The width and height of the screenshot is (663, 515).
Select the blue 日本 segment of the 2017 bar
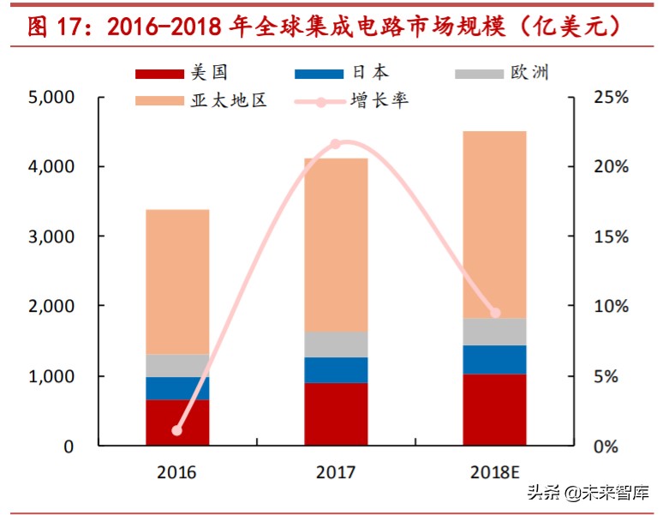coord(335,369)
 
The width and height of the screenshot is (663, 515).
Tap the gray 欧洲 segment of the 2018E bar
coord(494,332)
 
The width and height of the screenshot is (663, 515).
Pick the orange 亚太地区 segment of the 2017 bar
coord(335,244)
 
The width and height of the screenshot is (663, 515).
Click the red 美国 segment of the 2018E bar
coord(494,410)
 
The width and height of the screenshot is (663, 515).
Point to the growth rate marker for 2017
coord(335,144)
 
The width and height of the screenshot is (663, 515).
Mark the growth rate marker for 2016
coord(177,430)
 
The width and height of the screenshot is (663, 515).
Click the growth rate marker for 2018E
coord(494,313)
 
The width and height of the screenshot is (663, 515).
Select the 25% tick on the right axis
coord(611,97)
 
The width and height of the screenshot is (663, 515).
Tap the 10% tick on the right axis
coord(611,306)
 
